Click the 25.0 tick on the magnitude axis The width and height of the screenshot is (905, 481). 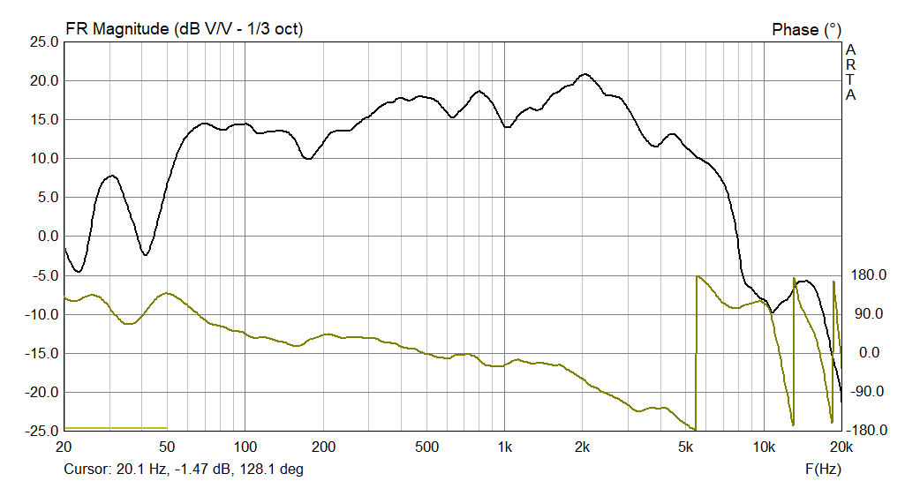pos(42,41)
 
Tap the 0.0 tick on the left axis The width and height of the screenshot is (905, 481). pos(48,237)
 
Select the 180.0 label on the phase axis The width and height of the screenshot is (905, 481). pos(867,275)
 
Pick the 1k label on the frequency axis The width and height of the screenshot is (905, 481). pos(504,447)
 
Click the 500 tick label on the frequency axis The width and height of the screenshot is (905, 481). pos(426,447)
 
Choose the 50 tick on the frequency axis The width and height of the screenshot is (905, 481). pos(167,447)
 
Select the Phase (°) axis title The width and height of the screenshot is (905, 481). pos(807,29)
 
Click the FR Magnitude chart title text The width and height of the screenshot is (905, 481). pos(184,29)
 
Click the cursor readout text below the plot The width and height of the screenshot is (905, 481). pos(184,469)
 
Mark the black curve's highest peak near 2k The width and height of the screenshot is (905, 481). pos(584,74)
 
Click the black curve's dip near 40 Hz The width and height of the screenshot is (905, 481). pos(145,255)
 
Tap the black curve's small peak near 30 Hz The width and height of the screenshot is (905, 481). pos(111,176)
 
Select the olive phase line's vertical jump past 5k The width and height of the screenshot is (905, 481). pos(697,353)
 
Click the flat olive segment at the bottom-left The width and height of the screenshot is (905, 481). pos(115,428)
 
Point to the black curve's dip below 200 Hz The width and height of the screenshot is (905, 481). pos(307,159)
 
